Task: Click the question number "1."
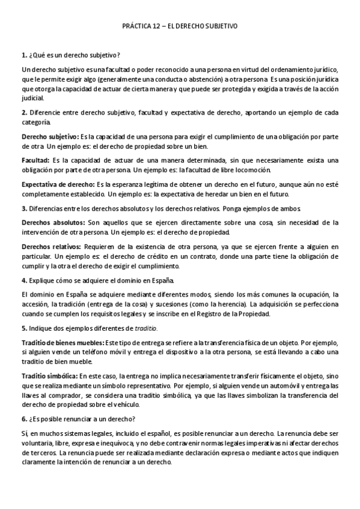(x=23, y=55)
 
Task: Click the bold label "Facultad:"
(x=35, y=160)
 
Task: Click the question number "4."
(x=23, y=280)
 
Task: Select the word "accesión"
(x=34, y=304)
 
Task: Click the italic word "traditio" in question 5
(x=146, y=328)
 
